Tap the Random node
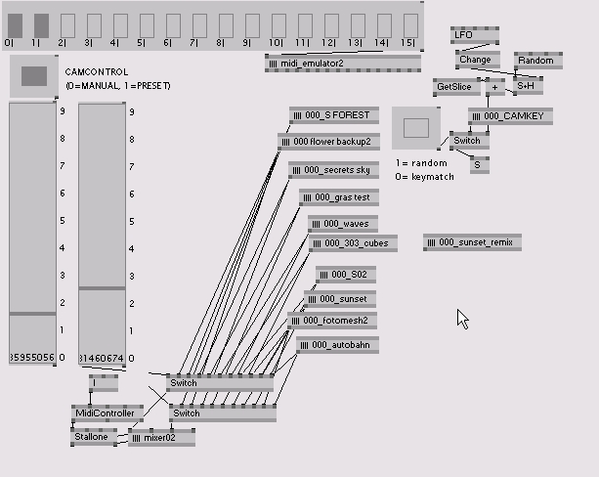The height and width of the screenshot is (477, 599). tap(535, 61)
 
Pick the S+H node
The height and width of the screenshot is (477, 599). tap(527, 86)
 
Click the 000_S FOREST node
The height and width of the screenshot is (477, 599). tap(334, 115)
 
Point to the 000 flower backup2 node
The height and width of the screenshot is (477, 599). tap(327, 142)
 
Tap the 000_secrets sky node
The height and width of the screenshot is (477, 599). tap(333, 170)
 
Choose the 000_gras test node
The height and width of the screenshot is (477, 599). tap(338, 197)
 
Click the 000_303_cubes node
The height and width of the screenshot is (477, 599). tap(350, 242)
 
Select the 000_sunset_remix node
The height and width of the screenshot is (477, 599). tap(472, 242)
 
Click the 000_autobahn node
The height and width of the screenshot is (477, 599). tap(336, 345)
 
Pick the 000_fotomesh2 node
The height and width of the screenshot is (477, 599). tap(332, 320)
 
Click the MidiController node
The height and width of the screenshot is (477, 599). tap(105, 413)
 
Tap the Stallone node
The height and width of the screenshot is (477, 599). tap(93, 436)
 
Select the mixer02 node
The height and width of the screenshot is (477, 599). tap(160, 438)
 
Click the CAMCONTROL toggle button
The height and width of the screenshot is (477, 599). tap(34, 76)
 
